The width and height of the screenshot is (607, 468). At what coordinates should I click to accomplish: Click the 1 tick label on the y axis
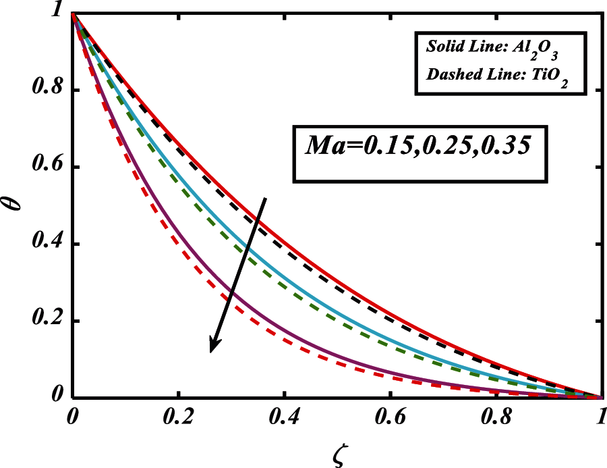[x=54, y=13]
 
